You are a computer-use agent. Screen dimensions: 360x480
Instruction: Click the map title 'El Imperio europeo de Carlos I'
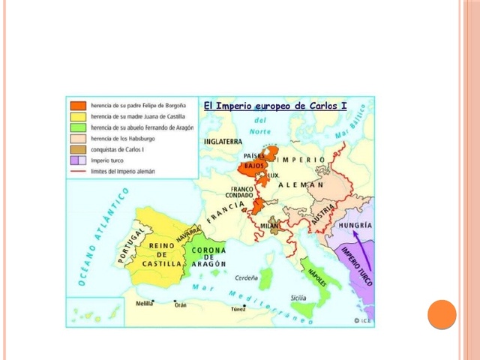pyautogui.click(x=275, y=106)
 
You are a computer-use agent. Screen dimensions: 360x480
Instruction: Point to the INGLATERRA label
pyautogui.click(x=222, y=140)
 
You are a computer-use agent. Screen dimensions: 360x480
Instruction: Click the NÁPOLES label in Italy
pyautogui.click(x=315, y=275)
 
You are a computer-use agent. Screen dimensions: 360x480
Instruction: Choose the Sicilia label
pyautogui.click(x=298, y=297)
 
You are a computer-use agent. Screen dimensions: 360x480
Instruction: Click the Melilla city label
pyautogui.click(x=144, y=304)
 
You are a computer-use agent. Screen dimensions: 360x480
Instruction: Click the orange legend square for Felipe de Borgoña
pyautogui.click(x=78, y=106)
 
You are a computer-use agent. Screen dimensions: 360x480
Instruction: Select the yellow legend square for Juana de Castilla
pyautogui.click(x=78, y=117)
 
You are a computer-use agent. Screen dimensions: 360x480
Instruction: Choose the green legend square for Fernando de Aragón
pyautogui.click(x=78, y=127)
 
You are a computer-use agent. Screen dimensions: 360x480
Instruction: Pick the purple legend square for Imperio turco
pyautogui.click(x=78, y=160)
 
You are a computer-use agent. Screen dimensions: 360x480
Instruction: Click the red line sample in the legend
pyautogui.click(x=78, y=171)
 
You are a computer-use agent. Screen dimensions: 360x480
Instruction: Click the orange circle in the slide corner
pyautogui.click(x=442, y=314)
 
